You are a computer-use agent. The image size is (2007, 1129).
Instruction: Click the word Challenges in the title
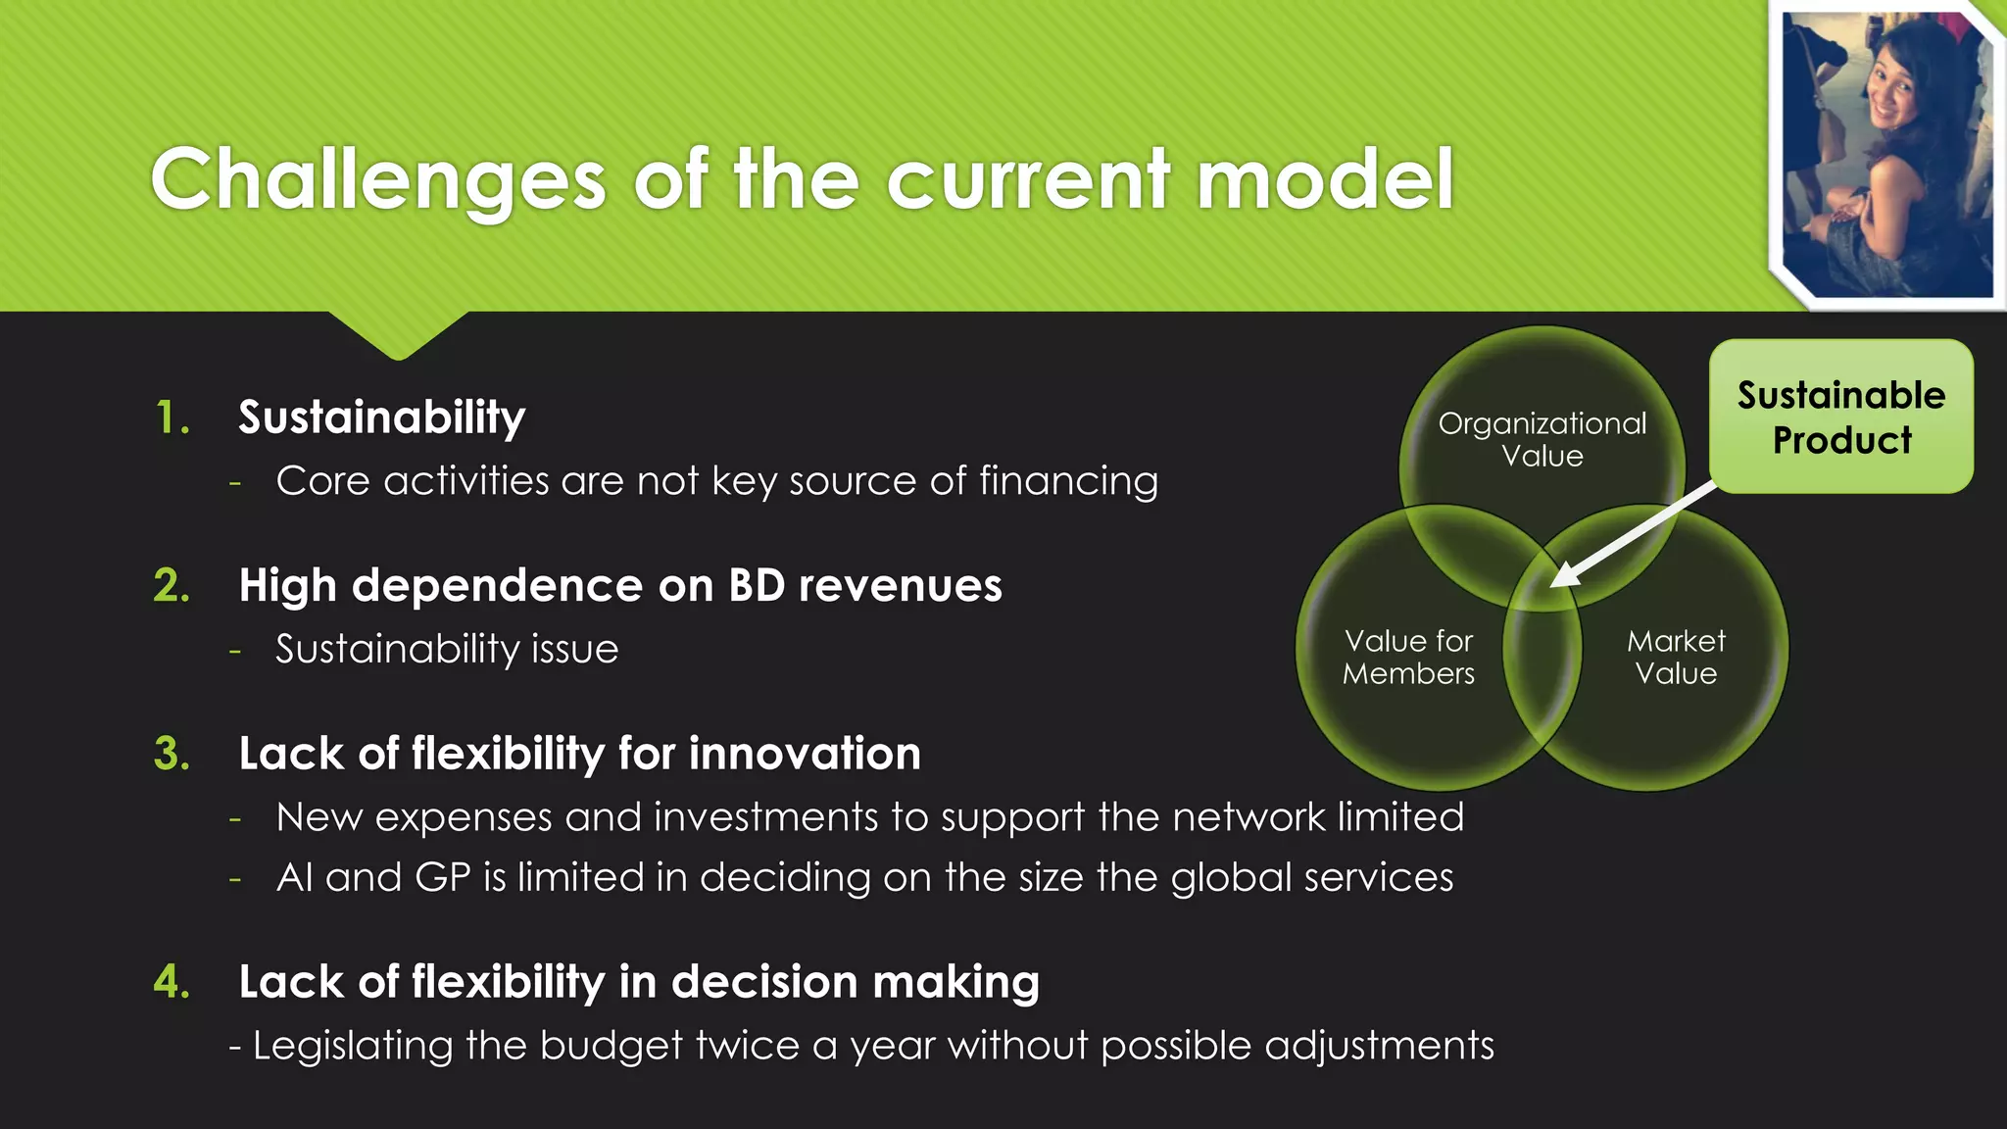(378, 180)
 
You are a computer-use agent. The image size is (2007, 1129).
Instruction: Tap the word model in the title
(1325, 180)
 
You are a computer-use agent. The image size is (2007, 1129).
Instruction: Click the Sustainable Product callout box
(1840, 417)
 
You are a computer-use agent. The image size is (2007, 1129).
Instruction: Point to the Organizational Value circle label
(1542, 439)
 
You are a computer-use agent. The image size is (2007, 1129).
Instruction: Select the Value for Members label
(1408, 657)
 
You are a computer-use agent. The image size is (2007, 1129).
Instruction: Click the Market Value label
(1676, 657)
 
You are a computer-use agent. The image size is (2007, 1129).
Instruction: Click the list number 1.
(171, 418)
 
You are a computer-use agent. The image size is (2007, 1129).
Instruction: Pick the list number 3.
(171, 755)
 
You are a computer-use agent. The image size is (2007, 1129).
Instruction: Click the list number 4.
(171, 982)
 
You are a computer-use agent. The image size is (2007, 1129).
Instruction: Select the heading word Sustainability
(381, 418)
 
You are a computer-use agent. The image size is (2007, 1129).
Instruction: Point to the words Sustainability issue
(447, 650)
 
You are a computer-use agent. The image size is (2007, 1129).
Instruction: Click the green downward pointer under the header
(398, 335)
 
